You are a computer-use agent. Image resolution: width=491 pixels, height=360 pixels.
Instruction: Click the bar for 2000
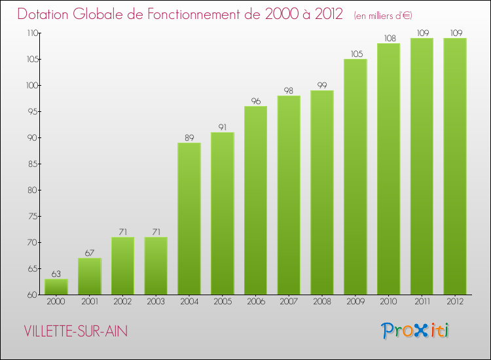click(56, 287)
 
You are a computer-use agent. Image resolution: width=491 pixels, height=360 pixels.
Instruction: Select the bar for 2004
click(189, 219)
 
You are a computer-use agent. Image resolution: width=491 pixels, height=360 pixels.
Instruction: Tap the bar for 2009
click(355, 177)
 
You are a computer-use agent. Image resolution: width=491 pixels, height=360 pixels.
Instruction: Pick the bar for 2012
click(455, 166)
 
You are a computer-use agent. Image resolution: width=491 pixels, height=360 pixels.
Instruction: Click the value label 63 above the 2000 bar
click(56, 274)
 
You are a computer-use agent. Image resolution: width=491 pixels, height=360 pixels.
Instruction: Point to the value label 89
click(189, 137)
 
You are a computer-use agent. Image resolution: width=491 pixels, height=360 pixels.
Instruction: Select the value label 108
click(388, 38)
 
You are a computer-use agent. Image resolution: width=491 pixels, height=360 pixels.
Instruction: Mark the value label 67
click(90, 253)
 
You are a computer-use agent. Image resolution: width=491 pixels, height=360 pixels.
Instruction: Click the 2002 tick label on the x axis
click(122, 302)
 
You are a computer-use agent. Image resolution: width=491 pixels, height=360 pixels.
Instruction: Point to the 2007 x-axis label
click(289, 302)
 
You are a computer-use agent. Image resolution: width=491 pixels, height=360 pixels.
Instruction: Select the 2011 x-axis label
click(422, 302)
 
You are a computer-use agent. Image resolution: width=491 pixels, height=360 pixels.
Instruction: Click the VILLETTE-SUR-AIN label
click(75, 331)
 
